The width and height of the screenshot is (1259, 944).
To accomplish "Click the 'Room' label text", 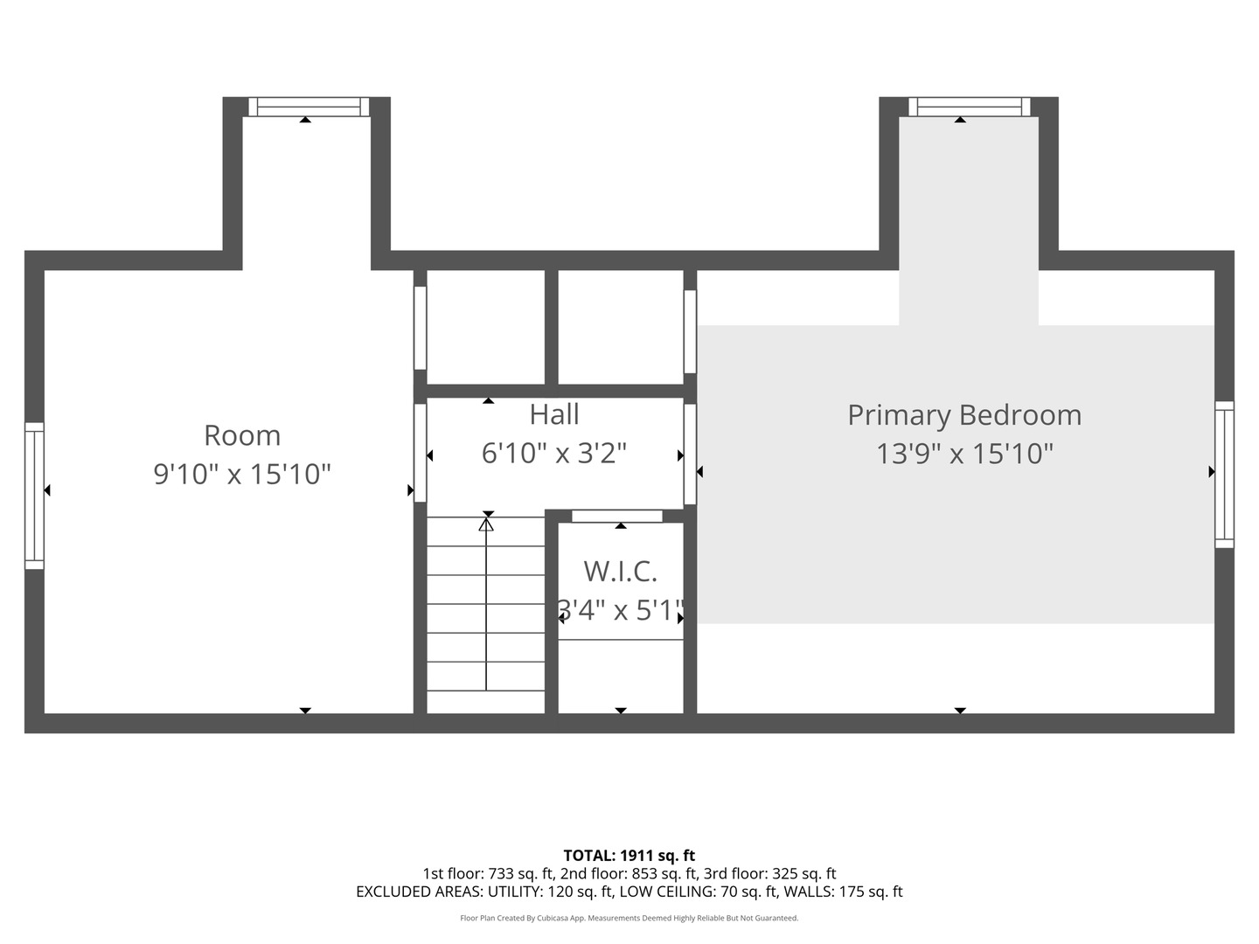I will point(242,435).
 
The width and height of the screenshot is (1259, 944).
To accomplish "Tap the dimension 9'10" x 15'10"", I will point(242,474).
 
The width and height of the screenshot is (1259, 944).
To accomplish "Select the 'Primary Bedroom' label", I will point(964,415).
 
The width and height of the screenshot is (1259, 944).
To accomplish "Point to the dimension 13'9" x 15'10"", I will point(964,454).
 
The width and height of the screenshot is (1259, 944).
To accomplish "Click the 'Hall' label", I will point(554,414).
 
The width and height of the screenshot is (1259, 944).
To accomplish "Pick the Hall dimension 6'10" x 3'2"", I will point(554,453).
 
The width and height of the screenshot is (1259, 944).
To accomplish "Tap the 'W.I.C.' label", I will point(620,572).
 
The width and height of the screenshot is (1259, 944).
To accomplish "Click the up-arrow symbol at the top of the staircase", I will point(486,524).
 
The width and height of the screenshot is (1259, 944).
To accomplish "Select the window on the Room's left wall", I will point(34,496).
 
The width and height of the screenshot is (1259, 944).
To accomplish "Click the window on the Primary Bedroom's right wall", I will point(1224,475).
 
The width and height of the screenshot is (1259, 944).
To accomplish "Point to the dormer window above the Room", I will point(309,107).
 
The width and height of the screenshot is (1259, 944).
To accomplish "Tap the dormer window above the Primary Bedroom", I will point(969,107).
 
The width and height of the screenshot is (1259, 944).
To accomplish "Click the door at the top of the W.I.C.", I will point(617,516).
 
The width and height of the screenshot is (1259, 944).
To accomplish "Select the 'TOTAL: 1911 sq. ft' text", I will point(629,856).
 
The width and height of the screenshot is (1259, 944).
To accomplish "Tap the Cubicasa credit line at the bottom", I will point(629,918).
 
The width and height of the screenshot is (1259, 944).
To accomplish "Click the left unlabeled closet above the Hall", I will point(485,327).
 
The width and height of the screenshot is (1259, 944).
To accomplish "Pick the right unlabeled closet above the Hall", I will point(620,327).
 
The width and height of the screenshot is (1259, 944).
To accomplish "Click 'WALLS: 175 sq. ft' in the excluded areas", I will point(843,892).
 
